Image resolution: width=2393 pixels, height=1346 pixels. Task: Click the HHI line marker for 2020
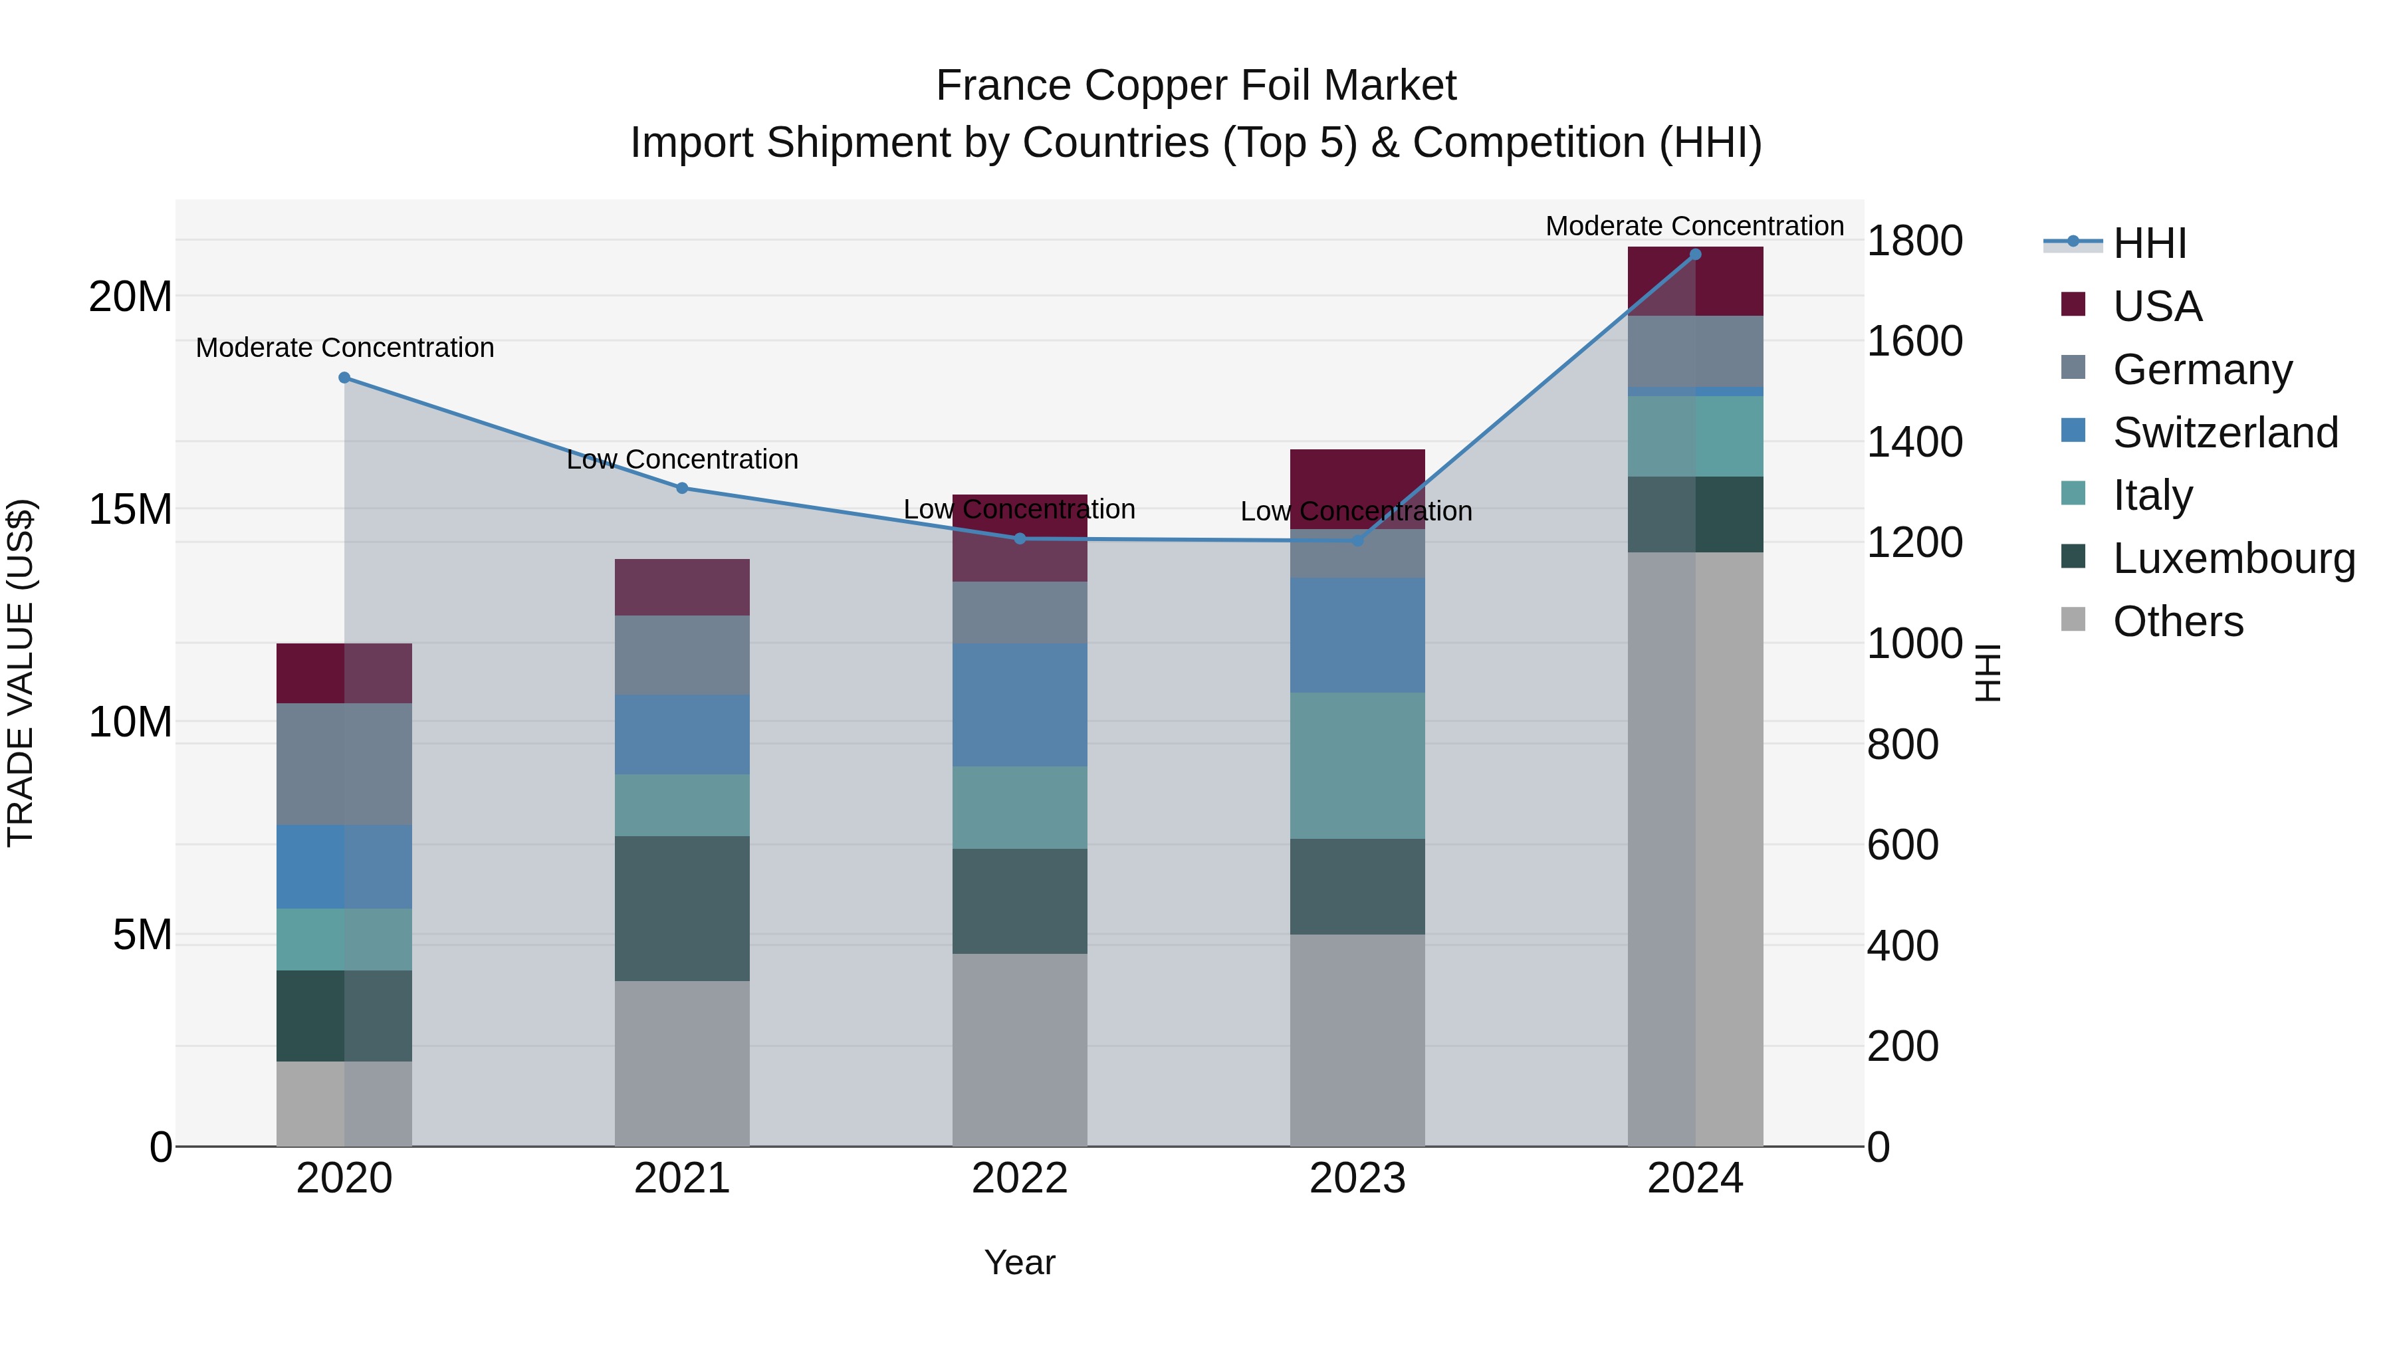pyautogui.click(x=344, y=378)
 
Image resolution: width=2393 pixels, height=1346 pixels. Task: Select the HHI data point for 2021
pyautogui.click(x=682, y=488)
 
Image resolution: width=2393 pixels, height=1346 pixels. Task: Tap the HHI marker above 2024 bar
pyautogui.click(x=1695, y=255)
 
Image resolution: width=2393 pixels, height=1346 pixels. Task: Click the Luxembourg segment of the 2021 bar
pyautogui.click(x=682, y=909)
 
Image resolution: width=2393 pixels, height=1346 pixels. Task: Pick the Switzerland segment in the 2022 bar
pyautogui.click(x=1020, y=705)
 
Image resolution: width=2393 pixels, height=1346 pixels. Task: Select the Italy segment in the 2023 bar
pyautogui.click(x=1357, y=766)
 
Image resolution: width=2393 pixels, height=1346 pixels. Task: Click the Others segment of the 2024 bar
pyautogui.click(x=1695, y=849)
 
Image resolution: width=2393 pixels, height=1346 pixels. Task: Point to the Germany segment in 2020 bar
pyautogui.click(x=344, y=764)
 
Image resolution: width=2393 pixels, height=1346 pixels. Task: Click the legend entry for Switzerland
pyautogui.click(x=2225, y=433)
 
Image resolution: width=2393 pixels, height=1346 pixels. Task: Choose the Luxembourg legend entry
pyautogui.click(x=2233, y=558)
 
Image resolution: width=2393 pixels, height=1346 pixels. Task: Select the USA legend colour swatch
pyautogui.click(x=2073, y=304)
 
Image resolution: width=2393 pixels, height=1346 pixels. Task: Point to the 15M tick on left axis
pyautogui.click(x=130, y=509)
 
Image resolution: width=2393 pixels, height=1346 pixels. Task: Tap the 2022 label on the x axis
pyautogui.click(x=1020, y=1178)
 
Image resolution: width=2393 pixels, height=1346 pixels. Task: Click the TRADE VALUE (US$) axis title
pyautogui.click(x=21, y=673)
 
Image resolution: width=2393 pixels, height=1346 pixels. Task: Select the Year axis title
pyautogui.click(x=1020, y=1262)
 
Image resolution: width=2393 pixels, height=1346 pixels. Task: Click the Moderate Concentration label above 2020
pyautogui.click(x=344, y=348)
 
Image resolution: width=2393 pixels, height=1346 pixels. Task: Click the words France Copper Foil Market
pyautogui.click(x=1196, y=86)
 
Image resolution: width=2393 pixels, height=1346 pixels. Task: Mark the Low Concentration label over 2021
pyautogui.click(x=682, y=459)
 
